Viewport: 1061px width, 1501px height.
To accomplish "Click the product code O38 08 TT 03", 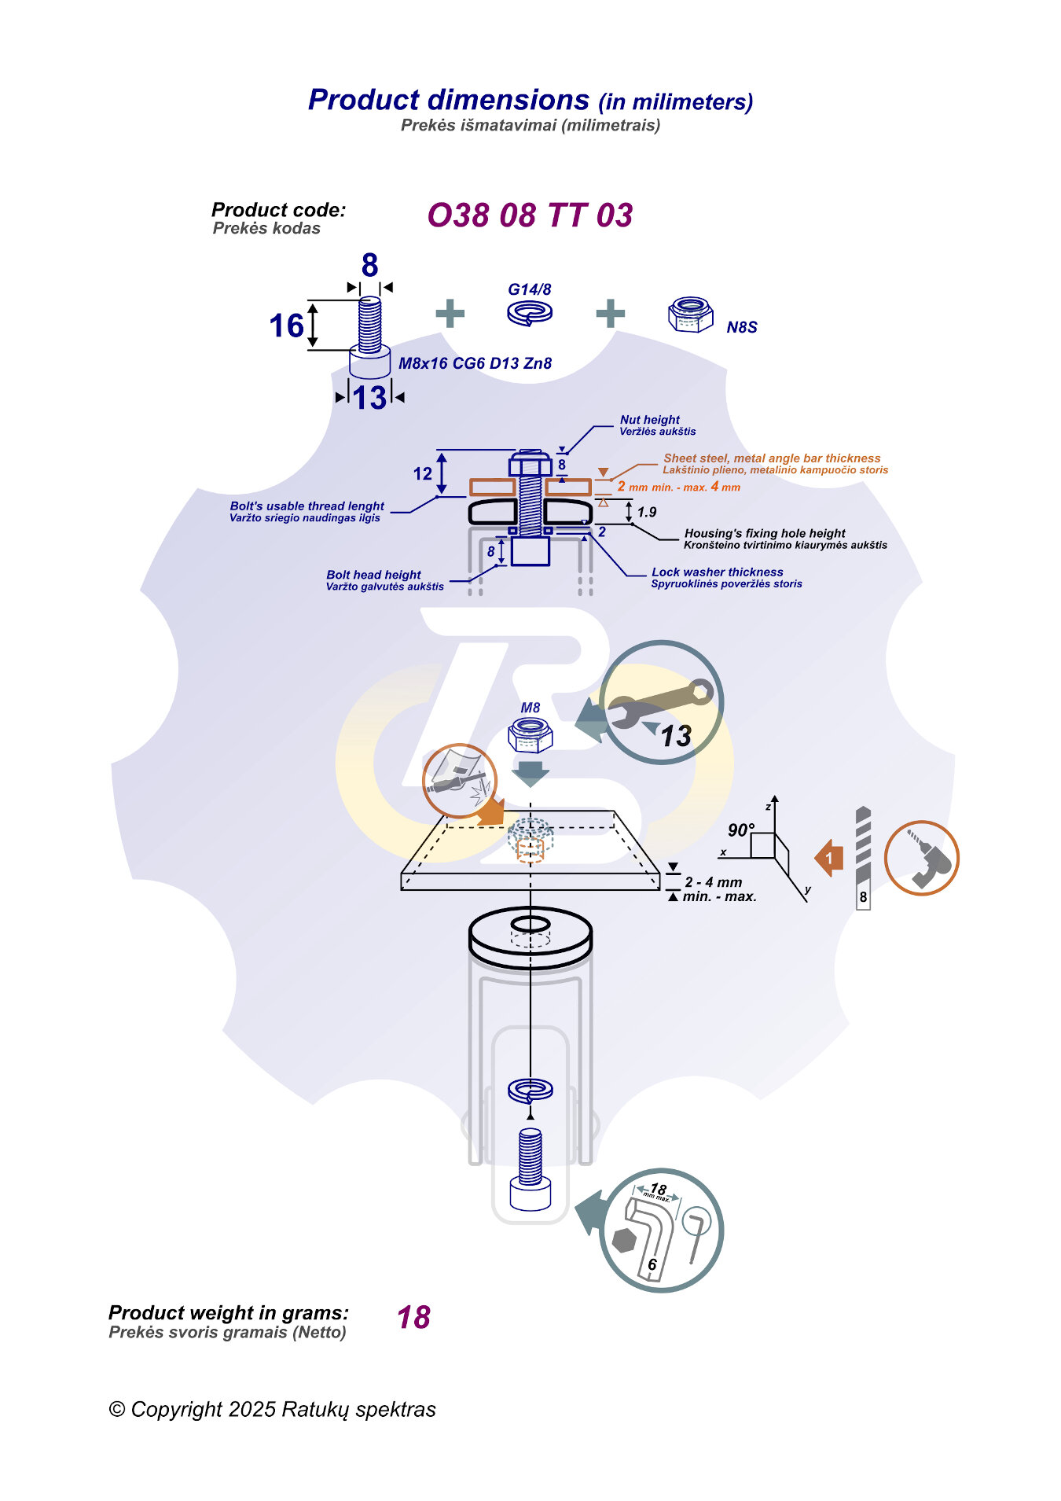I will (x=530, y=215).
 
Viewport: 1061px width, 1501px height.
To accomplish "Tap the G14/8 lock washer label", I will (x=529, y=289).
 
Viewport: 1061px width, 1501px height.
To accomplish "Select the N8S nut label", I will (x=741, y=327).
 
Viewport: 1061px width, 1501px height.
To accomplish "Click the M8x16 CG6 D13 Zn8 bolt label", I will (x=475, y=363).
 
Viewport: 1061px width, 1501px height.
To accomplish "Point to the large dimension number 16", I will (x=286, y=326).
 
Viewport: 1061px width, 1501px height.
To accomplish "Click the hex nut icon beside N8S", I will (x=690, y=315).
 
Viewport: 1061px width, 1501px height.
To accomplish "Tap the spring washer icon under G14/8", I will (x=529, y=313).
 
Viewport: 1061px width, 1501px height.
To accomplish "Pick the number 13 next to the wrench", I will (x=675, y=736).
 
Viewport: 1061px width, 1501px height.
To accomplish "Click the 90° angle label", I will (x=740, y=830).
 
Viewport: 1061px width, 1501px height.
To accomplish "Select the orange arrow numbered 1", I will (x=829, y=858).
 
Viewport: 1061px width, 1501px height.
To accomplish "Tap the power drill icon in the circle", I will (x=922, y=858).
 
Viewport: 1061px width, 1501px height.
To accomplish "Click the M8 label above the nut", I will (x=530, y=708).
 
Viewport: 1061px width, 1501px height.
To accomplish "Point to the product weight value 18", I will (x=413, y=1318).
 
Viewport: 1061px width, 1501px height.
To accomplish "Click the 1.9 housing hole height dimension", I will (x=647, y=512).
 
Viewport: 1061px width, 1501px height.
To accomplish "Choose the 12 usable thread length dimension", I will (x=423, y=473).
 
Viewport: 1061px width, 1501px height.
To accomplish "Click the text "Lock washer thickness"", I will (x=717, y=572).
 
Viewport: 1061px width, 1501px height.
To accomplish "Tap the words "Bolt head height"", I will (x=373, y=575).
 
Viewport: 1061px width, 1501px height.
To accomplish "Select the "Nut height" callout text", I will (x=649, y=420).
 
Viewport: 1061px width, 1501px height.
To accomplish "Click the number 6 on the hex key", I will (x=652, y=1264).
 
